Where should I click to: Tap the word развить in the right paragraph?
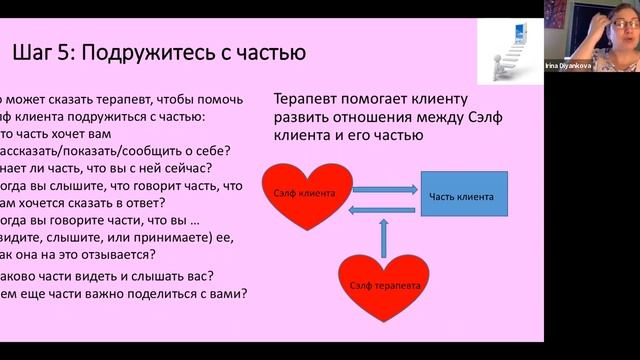pyautogui.click(x=307, y=119)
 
